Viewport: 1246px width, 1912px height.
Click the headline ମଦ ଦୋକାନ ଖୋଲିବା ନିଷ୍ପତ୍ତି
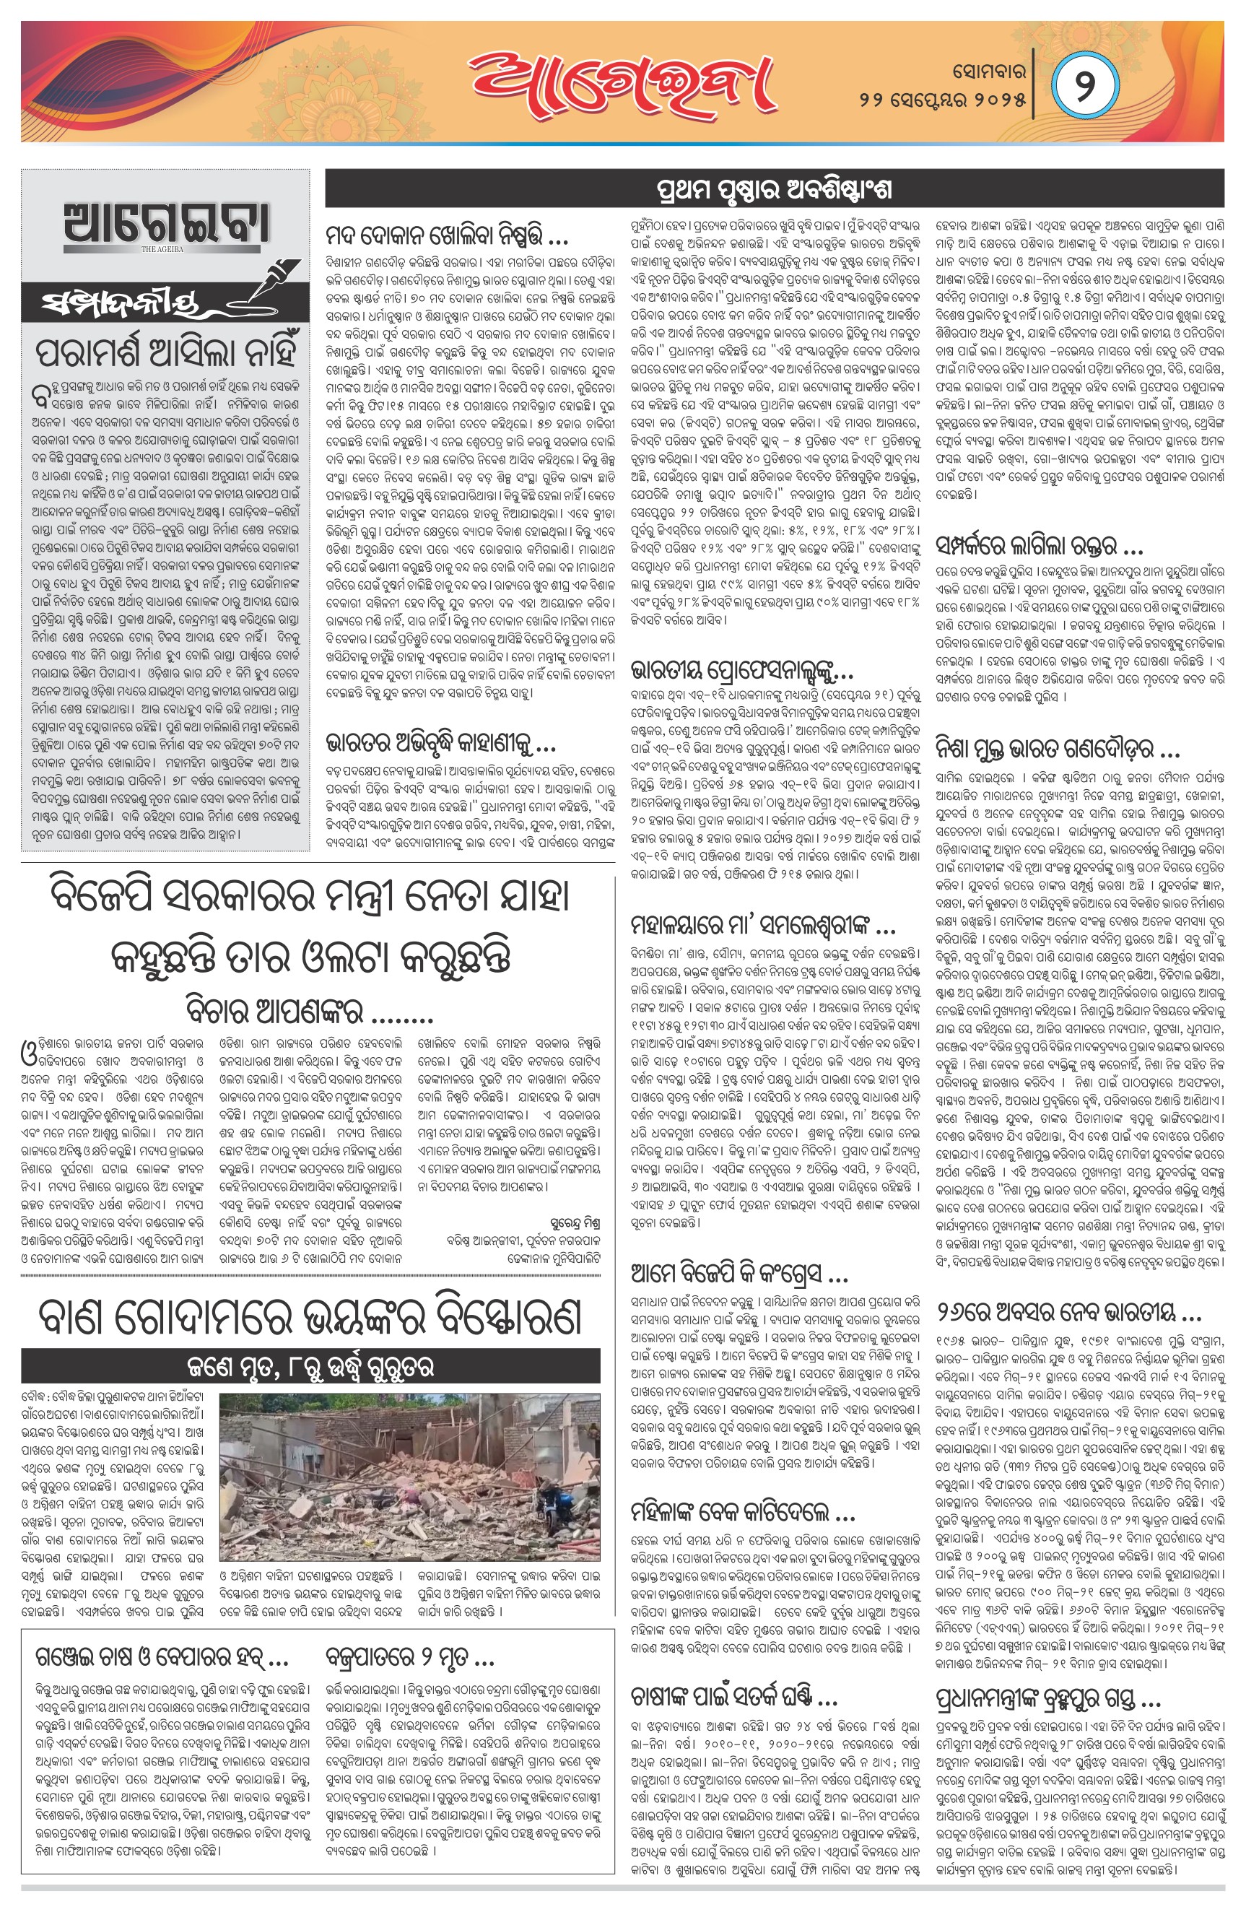pyautogui.click(x=447, y=238)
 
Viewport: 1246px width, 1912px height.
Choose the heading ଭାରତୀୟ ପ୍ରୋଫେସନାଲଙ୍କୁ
pyautogui.click(x=741, y=671)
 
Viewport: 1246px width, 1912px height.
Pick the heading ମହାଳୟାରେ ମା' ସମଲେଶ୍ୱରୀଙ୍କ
pyautogui.click(x=762, y=928)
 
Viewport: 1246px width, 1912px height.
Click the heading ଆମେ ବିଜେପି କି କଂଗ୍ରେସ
pyautogui.click(x=739, y=1274)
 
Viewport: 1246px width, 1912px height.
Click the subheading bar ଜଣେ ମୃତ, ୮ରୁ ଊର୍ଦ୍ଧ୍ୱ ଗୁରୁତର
pyautogui.click(x=310, y=1367)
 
